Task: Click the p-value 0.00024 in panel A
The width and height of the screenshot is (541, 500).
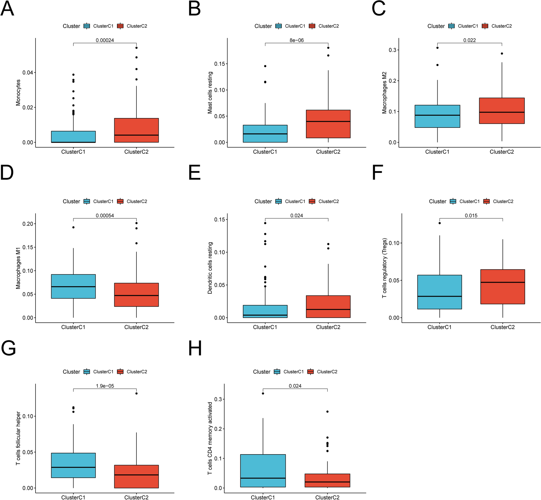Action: click(105, 40)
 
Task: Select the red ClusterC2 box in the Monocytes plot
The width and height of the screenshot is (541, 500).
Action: click(136, 130)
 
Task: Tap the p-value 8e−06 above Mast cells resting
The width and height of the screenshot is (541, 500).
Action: click(296, 40)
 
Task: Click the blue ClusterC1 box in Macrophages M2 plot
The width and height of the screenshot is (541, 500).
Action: click(437, 116)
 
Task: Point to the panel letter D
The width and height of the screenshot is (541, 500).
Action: click(7, 173)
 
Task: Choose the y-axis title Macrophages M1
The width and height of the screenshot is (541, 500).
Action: click(18, 268)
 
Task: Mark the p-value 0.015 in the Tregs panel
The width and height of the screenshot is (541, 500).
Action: click(471, 215)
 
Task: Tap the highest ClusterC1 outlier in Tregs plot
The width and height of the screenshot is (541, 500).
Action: click(439, 223)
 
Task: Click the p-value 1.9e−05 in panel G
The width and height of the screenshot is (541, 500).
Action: click(105, 386)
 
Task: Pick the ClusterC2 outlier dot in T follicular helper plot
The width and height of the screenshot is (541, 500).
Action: click(136, 393)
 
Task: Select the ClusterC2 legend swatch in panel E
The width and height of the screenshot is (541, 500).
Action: click(312, 201)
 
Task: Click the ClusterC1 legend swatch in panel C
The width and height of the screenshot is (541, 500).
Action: click(451, 26)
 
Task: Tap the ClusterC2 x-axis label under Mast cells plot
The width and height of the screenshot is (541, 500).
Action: click(328, 152)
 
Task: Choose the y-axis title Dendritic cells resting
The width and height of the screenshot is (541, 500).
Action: click(210, 268)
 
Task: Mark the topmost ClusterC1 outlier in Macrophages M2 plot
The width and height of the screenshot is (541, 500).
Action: click(437, 48)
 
